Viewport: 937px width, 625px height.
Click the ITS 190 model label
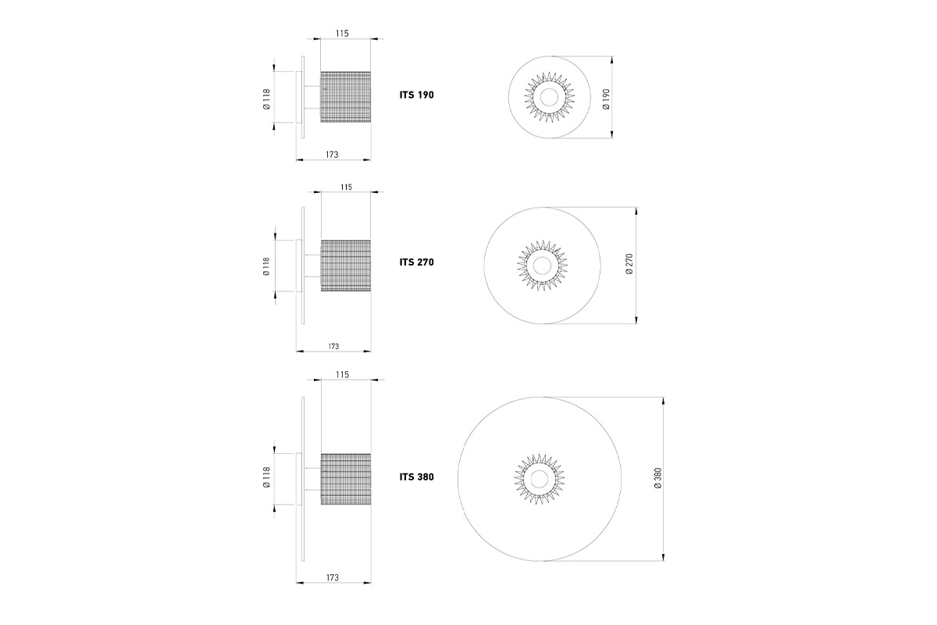point(417,95)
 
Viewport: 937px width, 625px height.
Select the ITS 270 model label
point(417,262)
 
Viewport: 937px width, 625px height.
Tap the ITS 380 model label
point(417,477)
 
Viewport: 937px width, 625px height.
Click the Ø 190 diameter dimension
point(606,99)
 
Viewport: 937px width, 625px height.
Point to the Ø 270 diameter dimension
point(629,264)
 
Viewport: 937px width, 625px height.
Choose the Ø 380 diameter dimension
point(657,478)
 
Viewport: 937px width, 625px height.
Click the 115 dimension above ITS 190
point(342,34)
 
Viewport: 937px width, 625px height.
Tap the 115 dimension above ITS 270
point(346,187)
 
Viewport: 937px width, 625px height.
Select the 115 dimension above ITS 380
point(342,375)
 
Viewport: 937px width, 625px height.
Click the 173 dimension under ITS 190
point(332,155)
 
